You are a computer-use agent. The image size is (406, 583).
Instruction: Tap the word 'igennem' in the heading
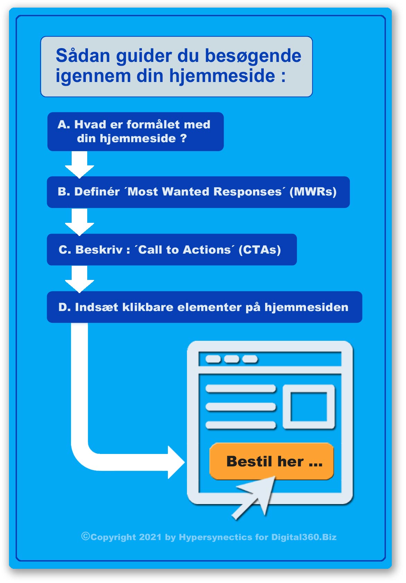click(93, 76)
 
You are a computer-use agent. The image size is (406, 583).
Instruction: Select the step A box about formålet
click(135, 132)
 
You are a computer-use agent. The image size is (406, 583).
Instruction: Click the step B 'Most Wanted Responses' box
click(198, 192)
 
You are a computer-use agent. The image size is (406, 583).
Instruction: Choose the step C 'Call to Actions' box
click(172, 249)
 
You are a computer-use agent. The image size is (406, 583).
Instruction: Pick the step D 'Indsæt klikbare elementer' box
click(205, 307)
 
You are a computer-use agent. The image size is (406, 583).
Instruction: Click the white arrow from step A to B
click(79, 164)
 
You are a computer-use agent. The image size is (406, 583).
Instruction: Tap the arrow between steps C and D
click(79, 279)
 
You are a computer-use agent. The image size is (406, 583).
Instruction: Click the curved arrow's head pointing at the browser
click(176, 462)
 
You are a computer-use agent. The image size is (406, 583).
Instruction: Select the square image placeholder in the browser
click(309, 407)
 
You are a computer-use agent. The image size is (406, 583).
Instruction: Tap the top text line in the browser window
click(241, 389)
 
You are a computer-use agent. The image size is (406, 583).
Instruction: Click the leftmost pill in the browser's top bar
click(213, 359)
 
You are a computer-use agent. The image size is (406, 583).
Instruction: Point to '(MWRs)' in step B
click(313, 192)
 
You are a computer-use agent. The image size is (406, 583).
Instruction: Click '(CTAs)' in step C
click(260, 250)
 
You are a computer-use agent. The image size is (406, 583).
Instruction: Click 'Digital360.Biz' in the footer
click(304, 537)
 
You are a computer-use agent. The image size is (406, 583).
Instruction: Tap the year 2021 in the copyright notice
click(150, 537)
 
